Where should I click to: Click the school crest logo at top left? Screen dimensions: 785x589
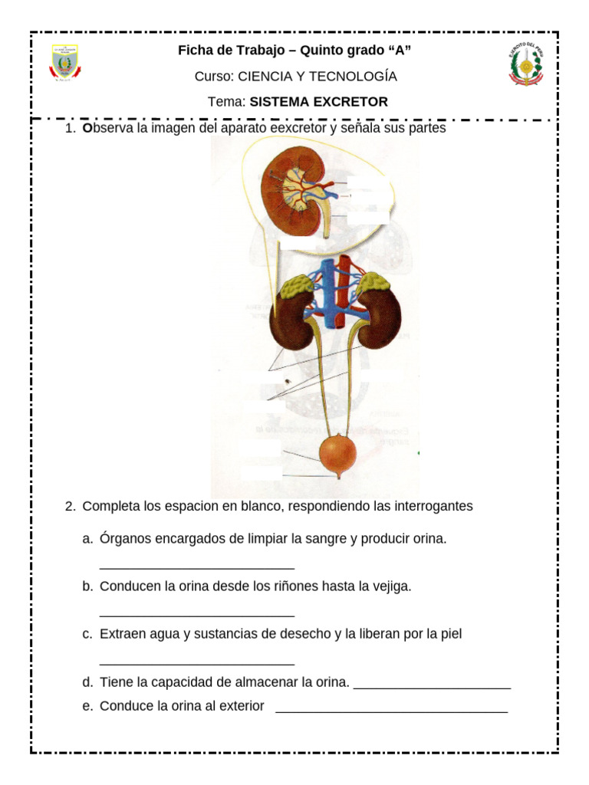[x=65, y=64]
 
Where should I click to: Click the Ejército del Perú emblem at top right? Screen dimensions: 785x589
[x=525, y=64]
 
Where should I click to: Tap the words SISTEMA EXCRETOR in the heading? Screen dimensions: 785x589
[x=318, y=101]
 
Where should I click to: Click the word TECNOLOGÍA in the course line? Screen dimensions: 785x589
[x=357, y=77]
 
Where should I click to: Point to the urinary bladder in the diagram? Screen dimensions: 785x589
[x=338, y=455]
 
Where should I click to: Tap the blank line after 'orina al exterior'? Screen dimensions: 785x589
[x=391, y=712]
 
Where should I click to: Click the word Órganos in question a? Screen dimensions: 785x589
[x=126, y=539]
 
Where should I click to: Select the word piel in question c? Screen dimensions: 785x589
[x=449, y=635]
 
